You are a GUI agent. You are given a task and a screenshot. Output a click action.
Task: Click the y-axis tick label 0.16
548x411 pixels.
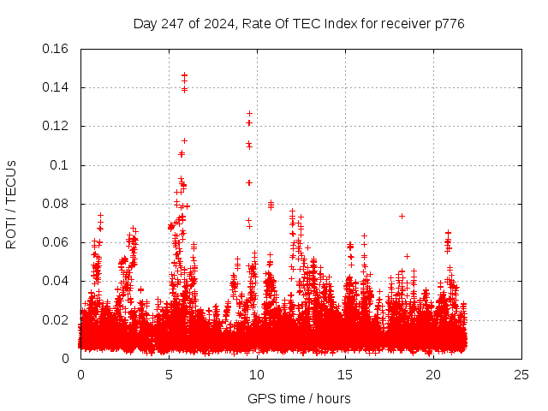[56, 49]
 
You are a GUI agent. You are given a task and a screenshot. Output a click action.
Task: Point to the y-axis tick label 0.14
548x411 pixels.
[56, 87]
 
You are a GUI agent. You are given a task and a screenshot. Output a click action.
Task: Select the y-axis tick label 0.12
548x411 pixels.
[56, 126]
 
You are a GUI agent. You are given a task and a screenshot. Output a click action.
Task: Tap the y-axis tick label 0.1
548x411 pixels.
[60, 165]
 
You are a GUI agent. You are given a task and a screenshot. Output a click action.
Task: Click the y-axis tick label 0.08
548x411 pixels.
[56, 204]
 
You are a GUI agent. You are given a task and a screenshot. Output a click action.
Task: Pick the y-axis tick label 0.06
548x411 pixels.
[56, 242]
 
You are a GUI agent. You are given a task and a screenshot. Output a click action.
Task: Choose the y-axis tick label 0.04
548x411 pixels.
[56, 281]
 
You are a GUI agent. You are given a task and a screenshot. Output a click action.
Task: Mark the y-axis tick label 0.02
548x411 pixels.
[56, 320]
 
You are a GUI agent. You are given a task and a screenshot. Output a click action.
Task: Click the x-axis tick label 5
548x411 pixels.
[169, 375]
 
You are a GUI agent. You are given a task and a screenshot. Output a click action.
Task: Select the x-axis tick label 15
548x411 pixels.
[345, 375]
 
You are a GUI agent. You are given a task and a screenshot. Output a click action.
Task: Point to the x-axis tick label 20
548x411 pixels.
[433, 375]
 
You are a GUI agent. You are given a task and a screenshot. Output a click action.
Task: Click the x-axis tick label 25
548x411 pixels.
[521, 375]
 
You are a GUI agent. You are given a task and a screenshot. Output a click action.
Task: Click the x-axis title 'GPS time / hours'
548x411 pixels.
[299, 398]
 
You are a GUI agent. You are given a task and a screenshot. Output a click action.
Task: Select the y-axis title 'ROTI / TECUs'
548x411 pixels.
[12, 204]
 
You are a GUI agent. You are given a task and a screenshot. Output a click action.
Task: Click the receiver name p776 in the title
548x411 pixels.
[448, 23]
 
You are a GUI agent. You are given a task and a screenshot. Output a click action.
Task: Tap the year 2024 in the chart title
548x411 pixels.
[218, 23]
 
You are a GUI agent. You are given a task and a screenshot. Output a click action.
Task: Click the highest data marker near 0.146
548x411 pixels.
[184, 75]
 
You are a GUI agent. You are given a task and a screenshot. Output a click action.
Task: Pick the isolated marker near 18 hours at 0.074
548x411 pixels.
[402, 216]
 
